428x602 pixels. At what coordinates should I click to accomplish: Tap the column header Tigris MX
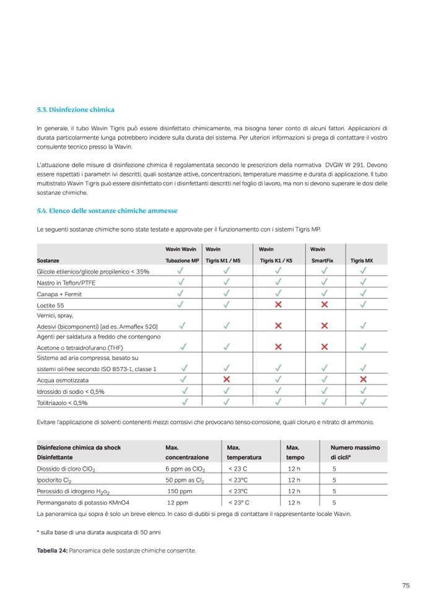(361, 261)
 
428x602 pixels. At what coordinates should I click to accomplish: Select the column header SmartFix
(321, 261)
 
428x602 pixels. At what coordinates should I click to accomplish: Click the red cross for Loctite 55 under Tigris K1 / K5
(278, 305)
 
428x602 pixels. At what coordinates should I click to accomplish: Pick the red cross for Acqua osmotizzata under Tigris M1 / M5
(227, 379)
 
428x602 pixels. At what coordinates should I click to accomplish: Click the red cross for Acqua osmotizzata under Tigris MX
(363, 379)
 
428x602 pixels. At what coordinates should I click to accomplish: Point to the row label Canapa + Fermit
(59, 294)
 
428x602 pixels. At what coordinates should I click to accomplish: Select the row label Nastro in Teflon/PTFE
(66, 282)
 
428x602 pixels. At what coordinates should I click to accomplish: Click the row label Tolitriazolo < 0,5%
(62, 403)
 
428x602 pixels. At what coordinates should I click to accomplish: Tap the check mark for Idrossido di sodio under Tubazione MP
(181, 391)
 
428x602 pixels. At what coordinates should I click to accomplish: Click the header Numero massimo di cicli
(355, 452)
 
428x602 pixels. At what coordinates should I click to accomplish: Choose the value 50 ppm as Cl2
(185, 480)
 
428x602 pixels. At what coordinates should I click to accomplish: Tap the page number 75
(406, 585)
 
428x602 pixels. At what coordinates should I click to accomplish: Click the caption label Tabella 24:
(52, 550)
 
